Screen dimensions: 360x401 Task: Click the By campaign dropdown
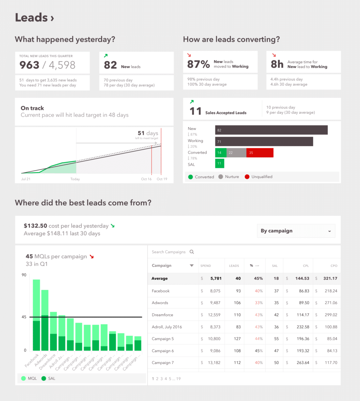pos(296,231)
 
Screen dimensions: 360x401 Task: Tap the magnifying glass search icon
pos(192,252)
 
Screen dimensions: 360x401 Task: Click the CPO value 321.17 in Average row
pos(330,278)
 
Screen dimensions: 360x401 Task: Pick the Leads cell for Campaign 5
pos(237,338)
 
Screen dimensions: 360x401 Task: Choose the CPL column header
pos(306,266)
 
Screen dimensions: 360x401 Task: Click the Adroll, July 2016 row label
pos(167,327)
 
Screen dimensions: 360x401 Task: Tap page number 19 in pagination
pos(179,379)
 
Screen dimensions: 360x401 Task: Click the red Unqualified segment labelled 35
pos(260,153)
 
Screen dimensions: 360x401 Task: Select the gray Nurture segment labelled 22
pos(236,153)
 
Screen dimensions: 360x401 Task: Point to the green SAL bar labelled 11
pos(219,163)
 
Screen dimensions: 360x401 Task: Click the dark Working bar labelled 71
pos(264,142)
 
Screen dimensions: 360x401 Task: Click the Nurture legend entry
pos(229,177)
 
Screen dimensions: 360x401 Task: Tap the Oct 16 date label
pos(146,179)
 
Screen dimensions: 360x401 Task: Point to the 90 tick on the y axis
pos(24,275)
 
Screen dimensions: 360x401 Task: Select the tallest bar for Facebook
pos(36,315)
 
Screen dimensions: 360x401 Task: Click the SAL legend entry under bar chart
pos(49,379)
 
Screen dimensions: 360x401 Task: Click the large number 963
pos(30,65)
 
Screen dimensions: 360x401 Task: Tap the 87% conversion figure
pos(198,64)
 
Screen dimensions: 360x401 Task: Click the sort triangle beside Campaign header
pos(192,265)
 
